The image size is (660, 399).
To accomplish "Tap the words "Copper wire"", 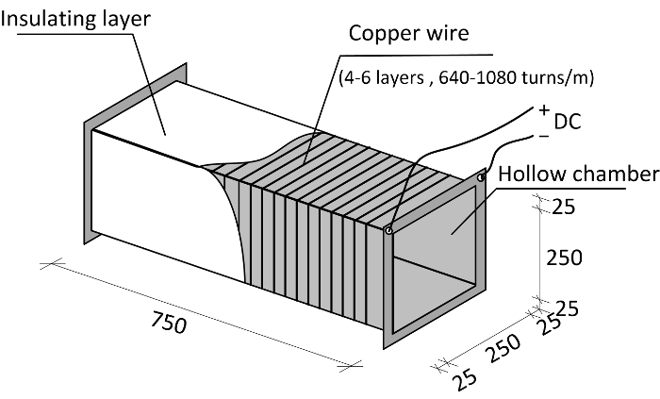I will [x=408, y=34].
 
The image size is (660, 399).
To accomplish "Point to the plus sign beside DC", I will [x=544, y=109].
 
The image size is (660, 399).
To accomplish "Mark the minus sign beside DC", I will [x=543, y=135].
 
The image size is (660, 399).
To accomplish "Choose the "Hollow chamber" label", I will [x=576, y=175].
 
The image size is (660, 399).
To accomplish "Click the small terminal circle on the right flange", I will [x=480, y=176].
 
